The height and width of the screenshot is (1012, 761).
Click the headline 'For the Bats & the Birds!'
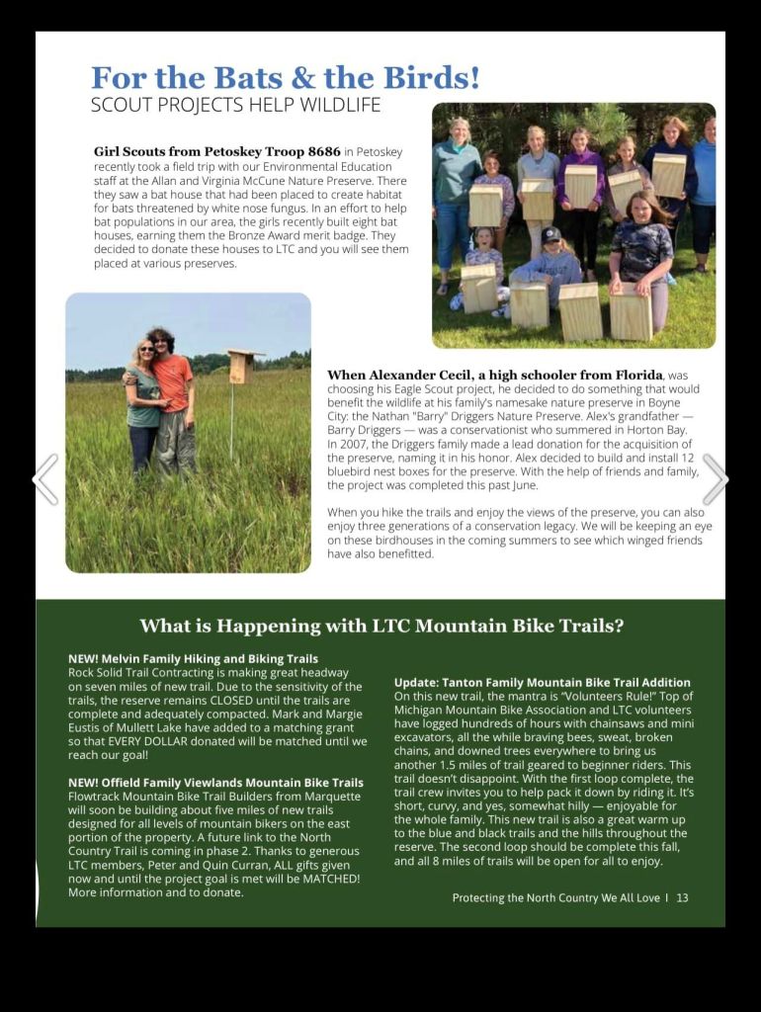pyautogui.click(x=286, y=77)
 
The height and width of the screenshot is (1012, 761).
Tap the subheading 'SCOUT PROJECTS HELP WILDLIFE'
pyautogui.click(x=235, y=105)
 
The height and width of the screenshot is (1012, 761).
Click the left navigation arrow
pyautogui.click(x=45, y=479)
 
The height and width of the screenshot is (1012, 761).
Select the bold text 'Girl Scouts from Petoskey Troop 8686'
pyautogui.click(x=217, y=152)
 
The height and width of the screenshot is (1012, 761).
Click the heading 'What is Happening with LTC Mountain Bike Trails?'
pyautogui.click(x=381, y=626)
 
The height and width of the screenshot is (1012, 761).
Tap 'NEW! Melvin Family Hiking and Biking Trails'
pyautogui.click(x=193, y=658)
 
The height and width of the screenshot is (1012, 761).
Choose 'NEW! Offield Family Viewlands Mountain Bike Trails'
pyautogui.click(x=215, y=783)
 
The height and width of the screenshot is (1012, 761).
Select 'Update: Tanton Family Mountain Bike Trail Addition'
pyautogui.click(x=542, y=683)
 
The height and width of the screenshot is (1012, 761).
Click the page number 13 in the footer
pyautogui.click(x=682, y=897)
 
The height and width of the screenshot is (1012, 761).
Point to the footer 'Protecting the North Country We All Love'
pyautogui.click(x=555, y=897)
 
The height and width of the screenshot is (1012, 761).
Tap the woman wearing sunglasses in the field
pyautogui.click(x=144, y=405)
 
